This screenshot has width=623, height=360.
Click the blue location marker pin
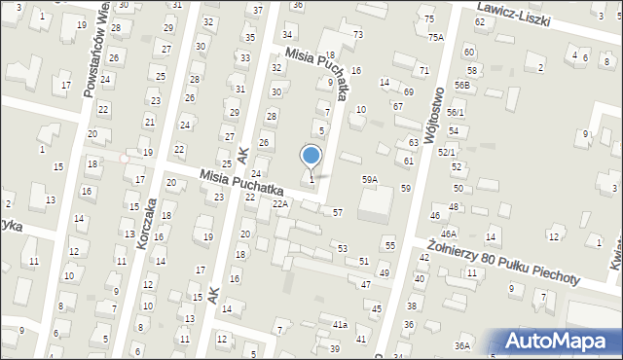point(311,157)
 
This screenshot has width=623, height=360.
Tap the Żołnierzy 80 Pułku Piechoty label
point(503,265)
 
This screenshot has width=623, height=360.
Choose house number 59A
point(370,180)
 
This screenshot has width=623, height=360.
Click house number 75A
point(435,37)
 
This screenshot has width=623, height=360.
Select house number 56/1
point(456,113)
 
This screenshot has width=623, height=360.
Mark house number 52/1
point(447,153)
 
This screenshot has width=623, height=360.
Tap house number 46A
point(449,234)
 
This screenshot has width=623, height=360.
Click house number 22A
point(280,204)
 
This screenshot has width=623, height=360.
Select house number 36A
point(462,345)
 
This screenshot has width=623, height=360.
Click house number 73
point(358,35)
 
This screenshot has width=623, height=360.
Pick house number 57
point(338,212)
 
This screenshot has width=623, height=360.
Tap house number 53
point(343,249)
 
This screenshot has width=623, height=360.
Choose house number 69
point(409,91)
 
